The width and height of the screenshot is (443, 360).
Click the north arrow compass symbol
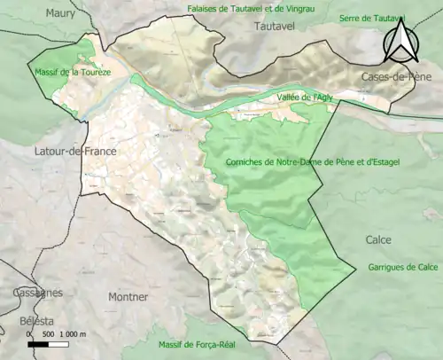[400, 39]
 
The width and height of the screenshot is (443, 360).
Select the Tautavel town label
[277, 27]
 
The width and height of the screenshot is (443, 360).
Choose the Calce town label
[378, 239]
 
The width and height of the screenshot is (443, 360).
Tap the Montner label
[128, 297]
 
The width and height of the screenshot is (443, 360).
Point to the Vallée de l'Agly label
[304, 97]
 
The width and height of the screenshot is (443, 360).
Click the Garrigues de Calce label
[404, 267]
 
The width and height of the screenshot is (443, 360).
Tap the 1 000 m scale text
[74, 333]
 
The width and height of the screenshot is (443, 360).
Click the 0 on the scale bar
[30, 333]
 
